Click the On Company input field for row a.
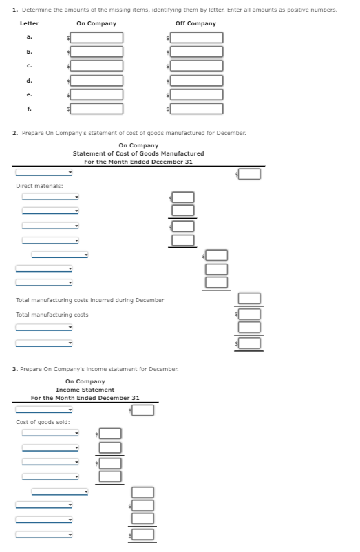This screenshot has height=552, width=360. [x=98, y=37]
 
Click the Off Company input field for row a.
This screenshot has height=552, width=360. [x=197, y=37]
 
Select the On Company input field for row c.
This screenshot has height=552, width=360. [x=98, y=66]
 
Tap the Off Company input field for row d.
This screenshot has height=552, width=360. [x=197, y=80]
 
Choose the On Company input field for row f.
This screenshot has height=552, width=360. [x=98, y=108]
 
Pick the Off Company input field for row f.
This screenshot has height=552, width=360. [x=197, y=108]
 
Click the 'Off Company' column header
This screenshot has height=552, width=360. [x=195, y=23]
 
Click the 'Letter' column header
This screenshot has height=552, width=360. [x=29, y=23]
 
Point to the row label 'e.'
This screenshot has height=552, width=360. [x=29, y=94]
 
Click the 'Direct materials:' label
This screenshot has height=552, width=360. [x=39, y=186]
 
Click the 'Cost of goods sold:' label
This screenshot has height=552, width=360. [x=43, y=421]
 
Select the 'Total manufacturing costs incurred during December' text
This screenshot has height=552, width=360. [x=89, y=300]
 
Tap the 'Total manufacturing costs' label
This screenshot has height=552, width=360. [x=52, y=315]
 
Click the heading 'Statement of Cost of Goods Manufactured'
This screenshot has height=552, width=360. [x=138, y=153]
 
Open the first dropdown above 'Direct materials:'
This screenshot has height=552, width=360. [x=44, y=173]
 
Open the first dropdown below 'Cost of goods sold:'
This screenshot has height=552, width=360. [x=50, y=434]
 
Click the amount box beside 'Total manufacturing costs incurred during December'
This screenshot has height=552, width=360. [x=250, y=299]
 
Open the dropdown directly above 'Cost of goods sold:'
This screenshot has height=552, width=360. [x=44, y=410]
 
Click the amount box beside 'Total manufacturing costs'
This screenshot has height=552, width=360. [x=250, y=314]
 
